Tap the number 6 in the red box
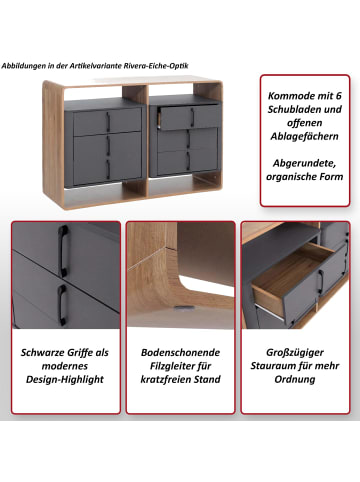point(338,96)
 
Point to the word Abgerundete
point(304,163)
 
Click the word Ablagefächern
point(304,136)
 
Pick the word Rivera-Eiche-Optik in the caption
point(156,66)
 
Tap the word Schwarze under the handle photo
point(44,353)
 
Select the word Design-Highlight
point(65,380)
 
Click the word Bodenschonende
point(180,353)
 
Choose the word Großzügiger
point(295,353)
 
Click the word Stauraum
point(273,366)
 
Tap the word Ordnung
point(295,380)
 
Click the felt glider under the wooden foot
point(182,308)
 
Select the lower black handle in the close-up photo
point(62,304)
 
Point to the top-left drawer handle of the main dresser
point(108,121)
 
